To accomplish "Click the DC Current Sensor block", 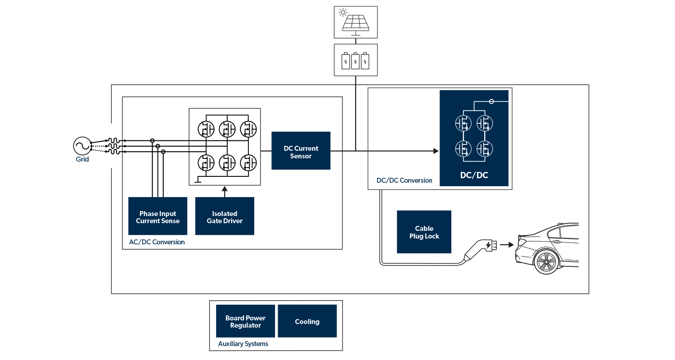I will point(301,150).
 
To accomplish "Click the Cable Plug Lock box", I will point(424,232).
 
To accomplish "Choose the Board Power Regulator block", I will point(245,321).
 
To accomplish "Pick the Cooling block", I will point(307,321).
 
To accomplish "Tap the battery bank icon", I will point(355,60).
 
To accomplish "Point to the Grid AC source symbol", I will point(82,146).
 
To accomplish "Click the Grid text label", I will point(82,159).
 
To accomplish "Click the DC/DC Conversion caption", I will point(404,180).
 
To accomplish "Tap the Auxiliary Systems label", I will point(243,344).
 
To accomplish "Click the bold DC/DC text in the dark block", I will point(474,175).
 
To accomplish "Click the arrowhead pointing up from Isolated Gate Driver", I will point(225,189).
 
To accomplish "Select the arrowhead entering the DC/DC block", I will point(436,151).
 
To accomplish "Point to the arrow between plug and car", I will point(507,245).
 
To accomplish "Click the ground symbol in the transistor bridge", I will point(198,181).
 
